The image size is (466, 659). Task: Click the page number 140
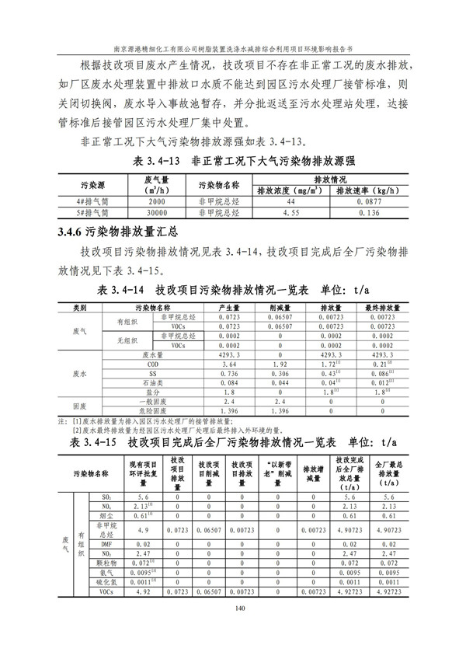click(233, 608)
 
